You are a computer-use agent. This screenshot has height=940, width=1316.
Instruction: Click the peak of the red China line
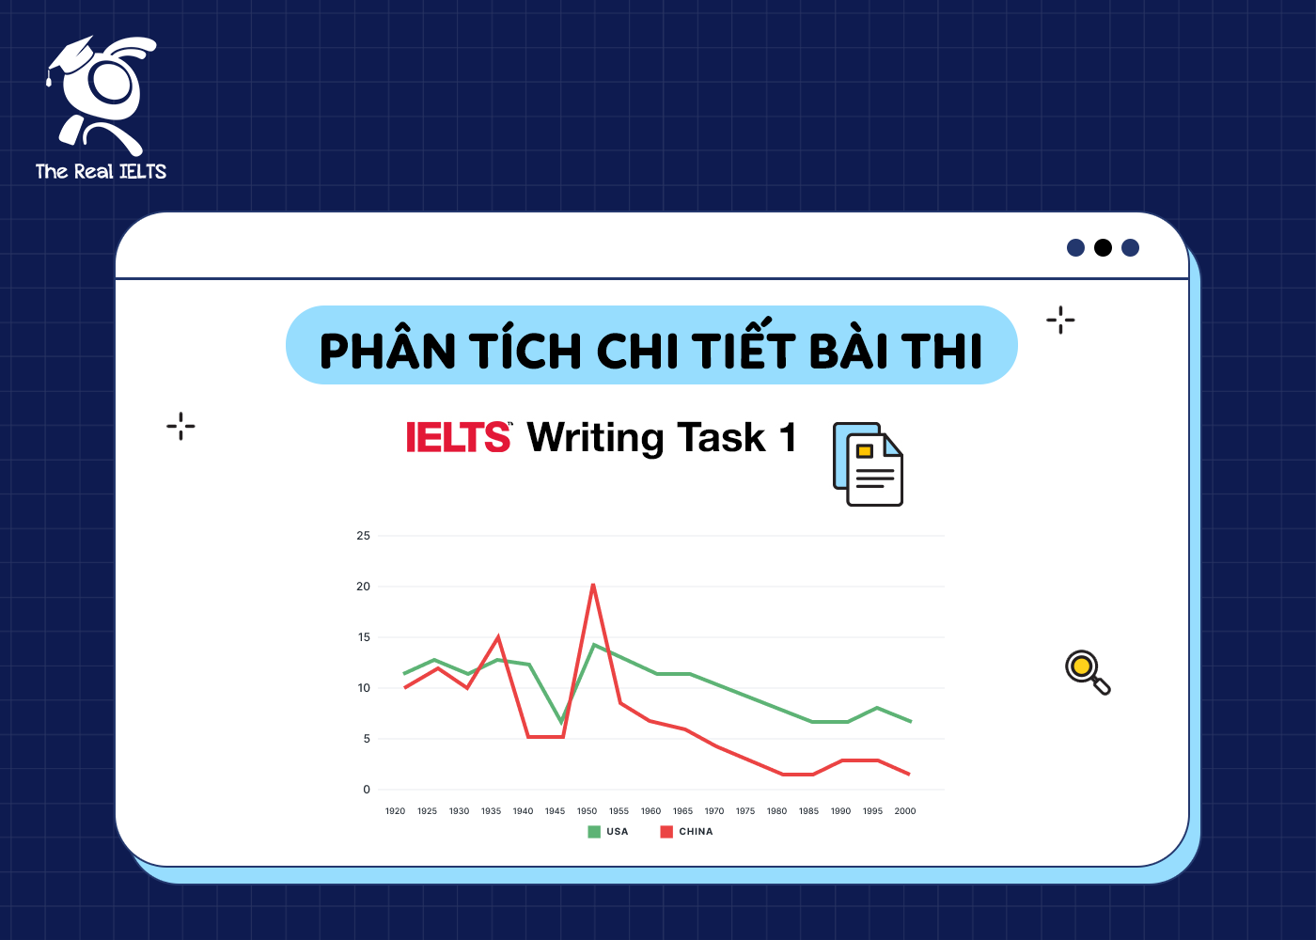point(593,585)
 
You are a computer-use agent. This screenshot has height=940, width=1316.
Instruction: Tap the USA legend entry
point(608,832)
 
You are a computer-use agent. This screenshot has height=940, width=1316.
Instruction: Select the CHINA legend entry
point(687,832)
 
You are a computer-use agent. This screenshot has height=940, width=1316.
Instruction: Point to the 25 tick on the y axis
point(364,536)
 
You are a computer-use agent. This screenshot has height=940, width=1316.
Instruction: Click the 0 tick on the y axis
point(367,790)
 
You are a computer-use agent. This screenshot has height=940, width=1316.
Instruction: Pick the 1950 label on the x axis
point(587,811)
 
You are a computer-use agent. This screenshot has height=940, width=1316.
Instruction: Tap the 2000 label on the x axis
point(905,811)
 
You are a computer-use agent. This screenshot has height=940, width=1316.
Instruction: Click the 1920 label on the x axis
point(395,811)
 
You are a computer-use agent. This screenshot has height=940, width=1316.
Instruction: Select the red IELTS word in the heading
point(458,438)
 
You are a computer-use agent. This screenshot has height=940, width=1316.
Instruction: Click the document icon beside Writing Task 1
point(868,464)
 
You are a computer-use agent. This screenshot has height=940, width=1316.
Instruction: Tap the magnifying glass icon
point(1087,671)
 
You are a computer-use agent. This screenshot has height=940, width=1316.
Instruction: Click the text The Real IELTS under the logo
point(101,171)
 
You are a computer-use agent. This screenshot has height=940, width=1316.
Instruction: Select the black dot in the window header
point(1104,247)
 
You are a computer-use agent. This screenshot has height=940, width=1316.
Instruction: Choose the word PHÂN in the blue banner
point(387,352)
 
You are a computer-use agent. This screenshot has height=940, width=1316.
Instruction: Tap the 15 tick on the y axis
point(364,637)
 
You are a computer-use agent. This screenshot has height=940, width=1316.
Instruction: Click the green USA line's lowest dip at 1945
point(561,722)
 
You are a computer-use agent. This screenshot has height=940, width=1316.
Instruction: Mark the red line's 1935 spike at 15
point(498,637)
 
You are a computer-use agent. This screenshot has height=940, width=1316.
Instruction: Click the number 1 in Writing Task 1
point(788,438)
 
